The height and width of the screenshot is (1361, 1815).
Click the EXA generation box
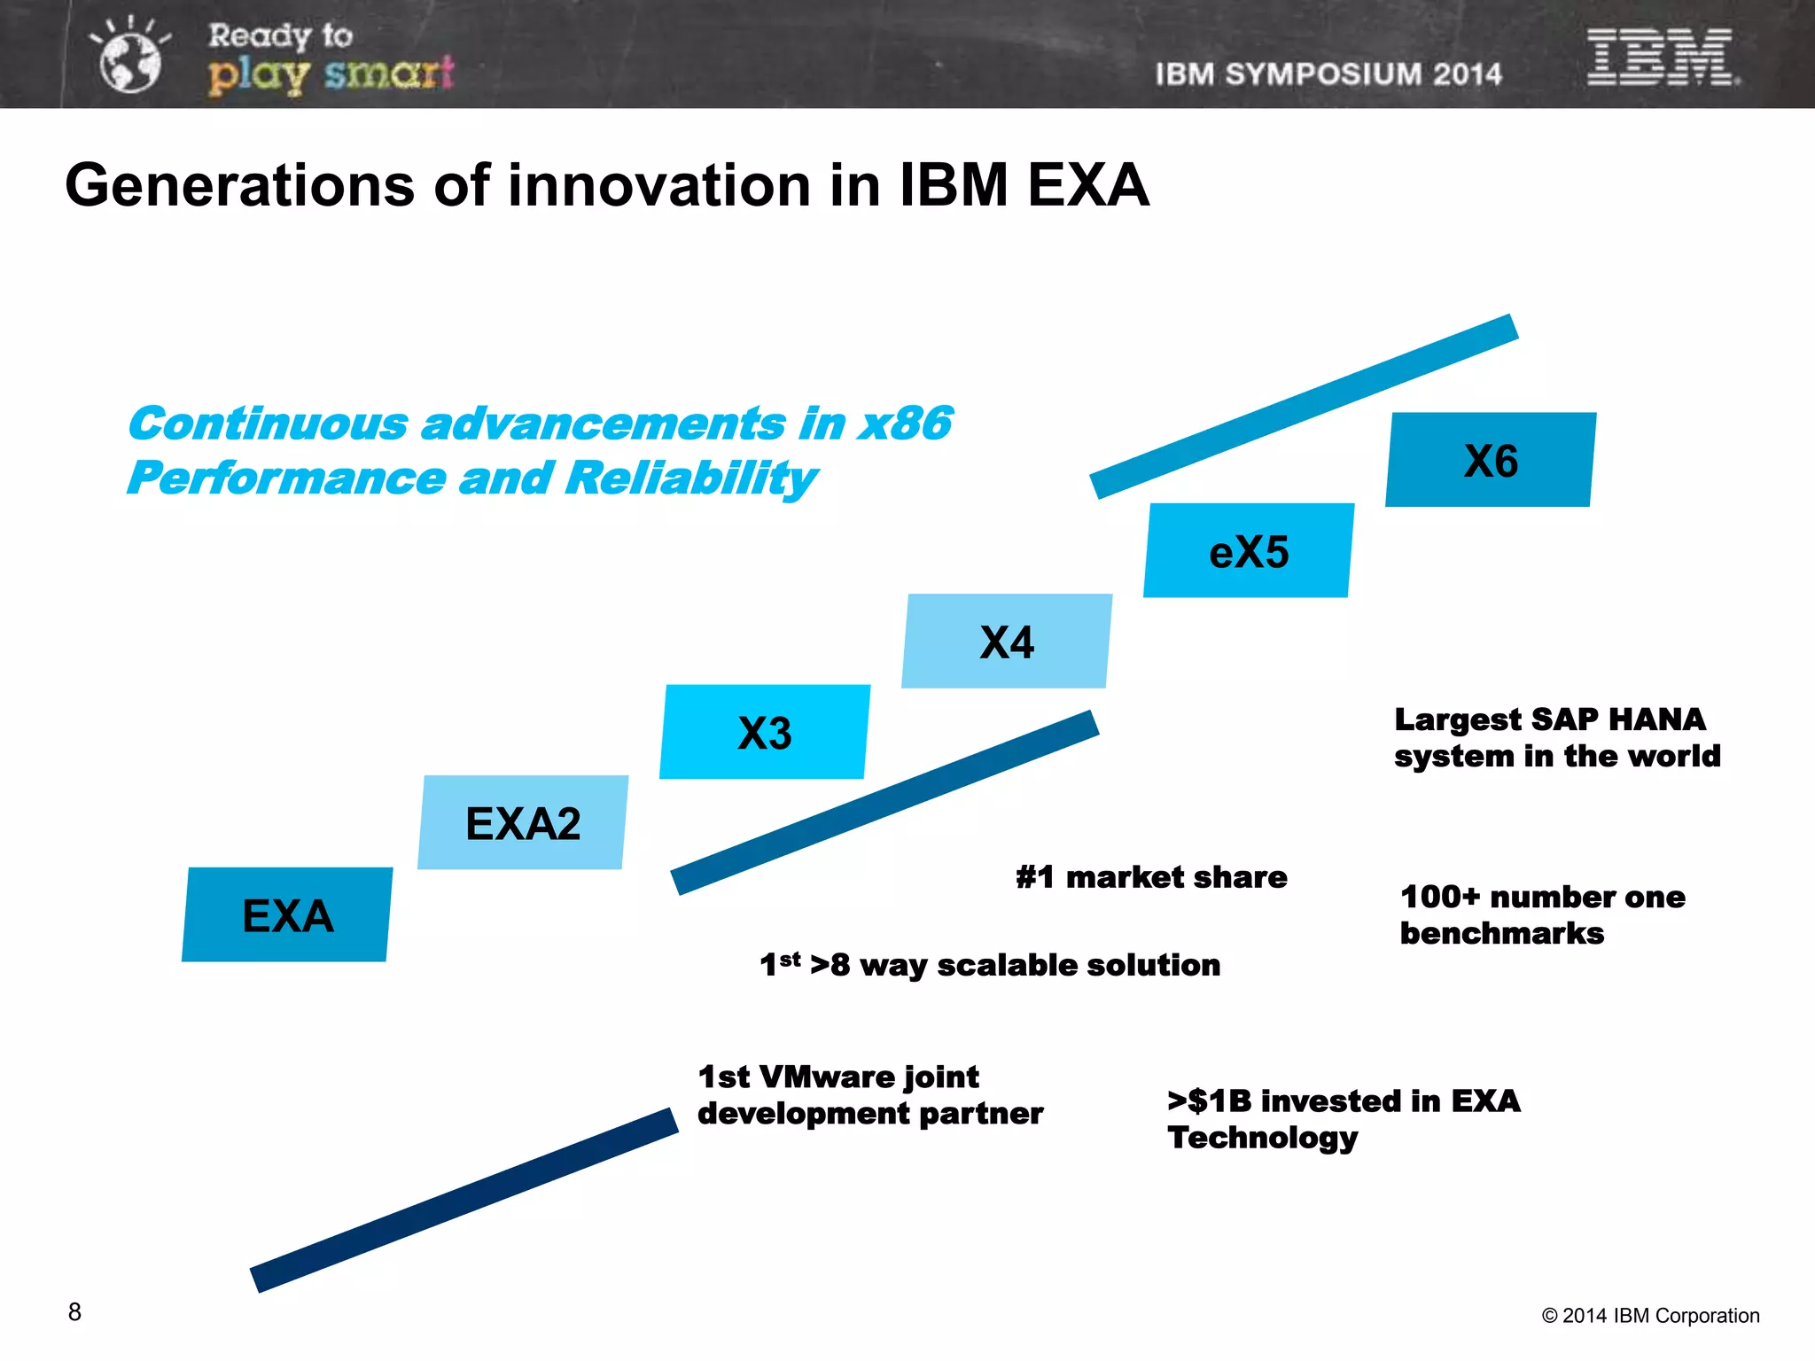coord(287,914)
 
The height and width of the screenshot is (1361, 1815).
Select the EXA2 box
coord(523,822)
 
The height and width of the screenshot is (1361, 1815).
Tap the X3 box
coord(765,732)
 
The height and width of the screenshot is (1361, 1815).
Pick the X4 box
coord(1007,641)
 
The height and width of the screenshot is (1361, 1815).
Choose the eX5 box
coord(1249,550)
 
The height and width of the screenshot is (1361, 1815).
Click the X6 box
coord(1491,460)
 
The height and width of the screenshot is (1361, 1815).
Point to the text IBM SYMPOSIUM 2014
coord(1328,74)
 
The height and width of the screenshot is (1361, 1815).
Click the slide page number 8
coord(74,1311)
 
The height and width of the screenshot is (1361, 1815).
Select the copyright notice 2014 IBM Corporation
coord(1650,1316)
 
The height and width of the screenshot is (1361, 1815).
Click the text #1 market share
coord(1151,877)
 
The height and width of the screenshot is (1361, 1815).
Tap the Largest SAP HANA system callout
coord(1556,737)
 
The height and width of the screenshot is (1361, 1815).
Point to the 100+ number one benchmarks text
coord(1542,914)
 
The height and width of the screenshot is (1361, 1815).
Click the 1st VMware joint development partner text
coord(869,1094)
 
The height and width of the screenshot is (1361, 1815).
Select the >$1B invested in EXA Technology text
coord(1343,1118)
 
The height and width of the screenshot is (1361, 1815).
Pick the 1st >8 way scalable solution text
coord(990,964)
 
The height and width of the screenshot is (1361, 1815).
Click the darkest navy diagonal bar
coord(464,1200)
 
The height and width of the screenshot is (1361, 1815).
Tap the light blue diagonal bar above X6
coord(1304,406)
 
